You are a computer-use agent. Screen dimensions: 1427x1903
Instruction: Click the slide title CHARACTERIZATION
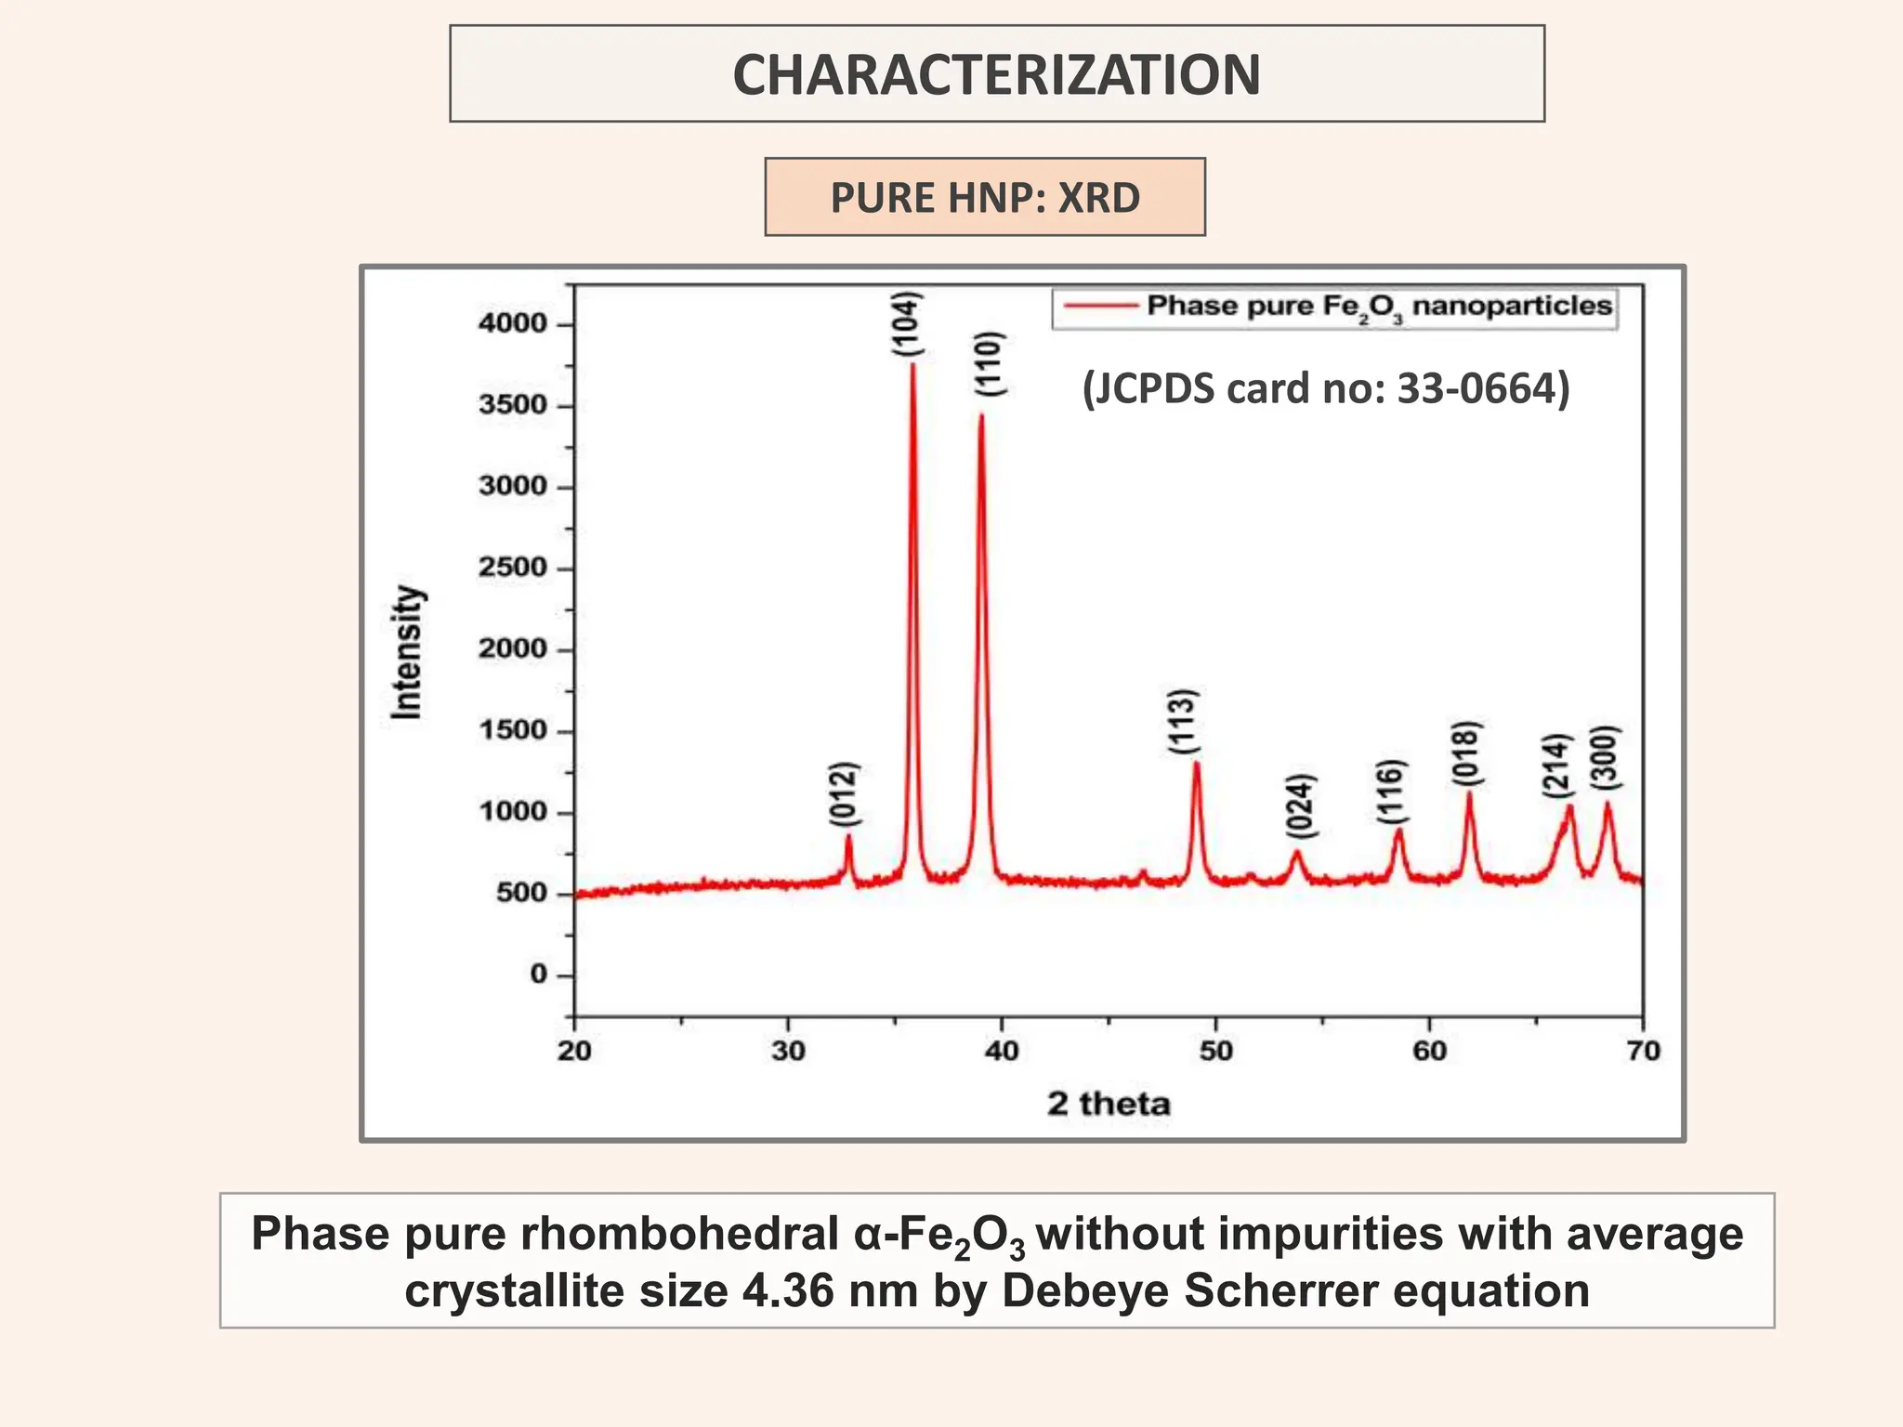point(996,74)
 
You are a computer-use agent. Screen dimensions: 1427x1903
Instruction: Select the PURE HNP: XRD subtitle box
point(985,197)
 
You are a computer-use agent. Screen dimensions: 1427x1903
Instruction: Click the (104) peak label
point(907,324)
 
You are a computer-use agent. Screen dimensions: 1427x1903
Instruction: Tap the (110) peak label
point(991,363)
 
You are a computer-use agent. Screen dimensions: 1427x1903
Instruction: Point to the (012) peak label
point(844,794)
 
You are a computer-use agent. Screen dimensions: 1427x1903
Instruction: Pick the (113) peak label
point(1183,722)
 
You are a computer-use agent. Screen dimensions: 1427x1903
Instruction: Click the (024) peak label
point(1301,805)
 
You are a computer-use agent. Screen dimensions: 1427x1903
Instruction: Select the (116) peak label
point(1391,792)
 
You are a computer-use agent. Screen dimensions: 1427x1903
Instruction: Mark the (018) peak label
point(1466,754)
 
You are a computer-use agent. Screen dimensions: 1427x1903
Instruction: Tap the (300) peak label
point(1605,758)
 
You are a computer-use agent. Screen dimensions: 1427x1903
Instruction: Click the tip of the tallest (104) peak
point(912,364)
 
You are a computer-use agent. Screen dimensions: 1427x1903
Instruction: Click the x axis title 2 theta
point(1109,1104)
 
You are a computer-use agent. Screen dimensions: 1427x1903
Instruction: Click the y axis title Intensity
point(406,652)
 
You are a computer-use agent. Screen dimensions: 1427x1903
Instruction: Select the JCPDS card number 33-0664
point(1482,388)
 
